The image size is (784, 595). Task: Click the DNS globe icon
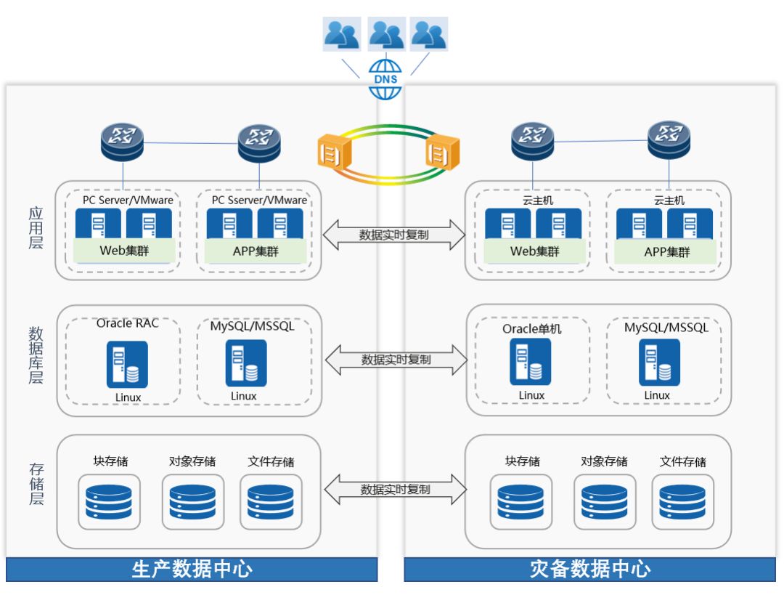point(385,78)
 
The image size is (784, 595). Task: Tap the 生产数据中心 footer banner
point(192,569)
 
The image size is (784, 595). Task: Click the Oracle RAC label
point(128,323)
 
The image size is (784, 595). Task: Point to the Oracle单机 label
point(532,329)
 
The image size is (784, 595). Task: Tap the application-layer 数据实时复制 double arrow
point(393,235)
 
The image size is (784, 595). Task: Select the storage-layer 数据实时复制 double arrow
point(395,490)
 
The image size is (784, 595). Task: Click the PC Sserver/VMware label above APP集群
point(259,200)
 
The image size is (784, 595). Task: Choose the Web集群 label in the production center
point(124,251)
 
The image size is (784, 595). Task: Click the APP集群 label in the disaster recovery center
point(667,252)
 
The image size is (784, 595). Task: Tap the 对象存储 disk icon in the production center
point(192,502)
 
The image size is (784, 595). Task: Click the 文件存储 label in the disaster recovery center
point(682,461)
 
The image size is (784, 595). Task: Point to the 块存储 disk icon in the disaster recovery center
point(520,502)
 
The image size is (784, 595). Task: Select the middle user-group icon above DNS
point(386,33)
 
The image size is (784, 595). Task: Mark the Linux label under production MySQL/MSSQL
point(244,396)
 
